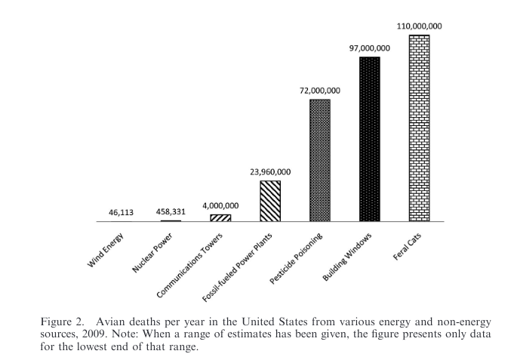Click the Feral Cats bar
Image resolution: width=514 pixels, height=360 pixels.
[x=419, y=128]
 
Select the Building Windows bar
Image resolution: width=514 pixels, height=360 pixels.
[x=370, y=139]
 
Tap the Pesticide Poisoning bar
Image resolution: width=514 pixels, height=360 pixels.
[x=320, y=160]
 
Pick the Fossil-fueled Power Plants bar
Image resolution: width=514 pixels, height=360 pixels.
[x=270, y=201]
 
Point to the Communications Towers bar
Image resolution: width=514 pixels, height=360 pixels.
[x=220, y=218]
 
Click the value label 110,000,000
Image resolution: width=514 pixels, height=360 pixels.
[x=419, y=26]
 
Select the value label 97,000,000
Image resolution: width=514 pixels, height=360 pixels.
[x=369, y=48]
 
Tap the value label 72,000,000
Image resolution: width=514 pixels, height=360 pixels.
[x=320, y=91]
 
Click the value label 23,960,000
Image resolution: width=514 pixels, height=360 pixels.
[x=270, y=172]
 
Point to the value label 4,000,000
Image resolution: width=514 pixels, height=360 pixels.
[x=220, y=206]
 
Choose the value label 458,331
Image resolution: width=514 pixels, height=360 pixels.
[x=171, y=212]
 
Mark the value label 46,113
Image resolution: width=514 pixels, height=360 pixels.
[x=121, y=213]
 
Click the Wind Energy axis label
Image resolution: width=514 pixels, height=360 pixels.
[x=106, y=250]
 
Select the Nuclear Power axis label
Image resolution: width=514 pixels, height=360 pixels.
[x=152, y=253]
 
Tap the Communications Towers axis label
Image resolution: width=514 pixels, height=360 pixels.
[x=189, y=265]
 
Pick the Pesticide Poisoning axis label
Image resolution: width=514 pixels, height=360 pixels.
[x=296, y=258]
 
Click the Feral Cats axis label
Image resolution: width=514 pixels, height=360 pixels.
[x=407, y=247]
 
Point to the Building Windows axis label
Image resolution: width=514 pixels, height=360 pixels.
[x=347, y=257]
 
